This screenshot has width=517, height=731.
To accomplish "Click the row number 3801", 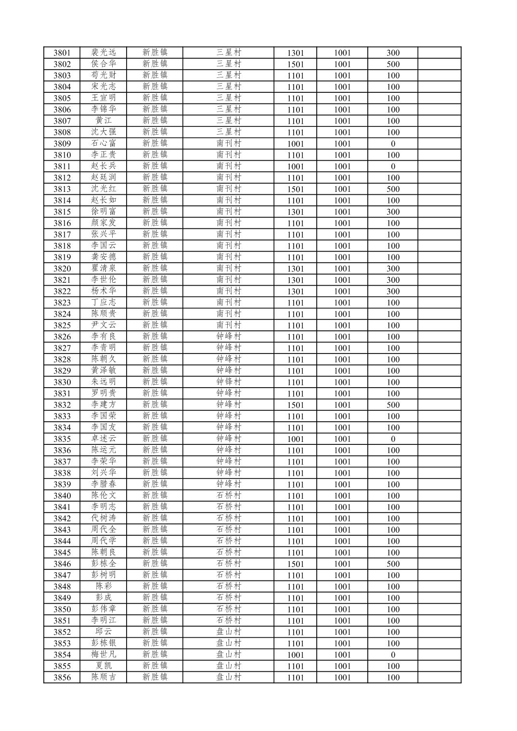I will pyautogui.click(x=62, y=53).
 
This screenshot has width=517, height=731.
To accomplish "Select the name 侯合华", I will pyautogui.click(x=103, y=64).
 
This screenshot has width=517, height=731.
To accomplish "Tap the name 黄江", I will pyautogui.click(x=103, y=121).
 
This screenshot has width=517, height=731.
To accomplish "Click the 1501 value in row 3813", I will pyautogui.click(x=295, y=189).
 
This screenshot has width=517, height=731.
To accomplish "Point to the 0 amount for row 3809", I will pyautogui.click(x=393, y=144).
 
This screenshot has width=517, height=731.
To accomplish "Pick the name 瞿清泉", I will pyautogui.click(x=103, y=268).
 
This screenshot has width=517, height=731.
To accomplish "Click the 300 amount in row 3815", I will pyautogui.click(x=393, y=212).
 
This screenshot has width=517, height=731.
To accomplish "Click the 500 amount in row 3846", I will pyautogui.click(x=393, y=564).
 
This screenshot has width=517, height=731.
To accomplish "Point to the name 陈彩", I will pyautogui.click(x=103, y=586).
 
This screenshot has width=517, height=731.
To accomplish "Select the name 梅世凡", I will pyautogui.click(x=103, y=655).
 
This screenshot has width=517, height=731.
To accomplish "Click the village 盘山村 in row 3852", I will pyautogui.click(x=228, y=632).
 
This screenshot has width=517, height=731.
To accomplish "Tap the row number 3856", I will pyautogui.click(x=62, y=677).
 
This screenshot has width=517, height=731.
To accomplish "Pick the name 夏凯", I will pyautogui.click(x=103, y=666).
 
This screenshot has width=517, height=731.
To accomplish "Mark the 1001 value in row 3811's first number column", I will pyautogui.click(x=295, y=166).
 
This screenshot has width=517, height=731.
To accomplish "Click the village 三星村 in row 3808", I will pyautogui.click(x=228, y=132).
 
